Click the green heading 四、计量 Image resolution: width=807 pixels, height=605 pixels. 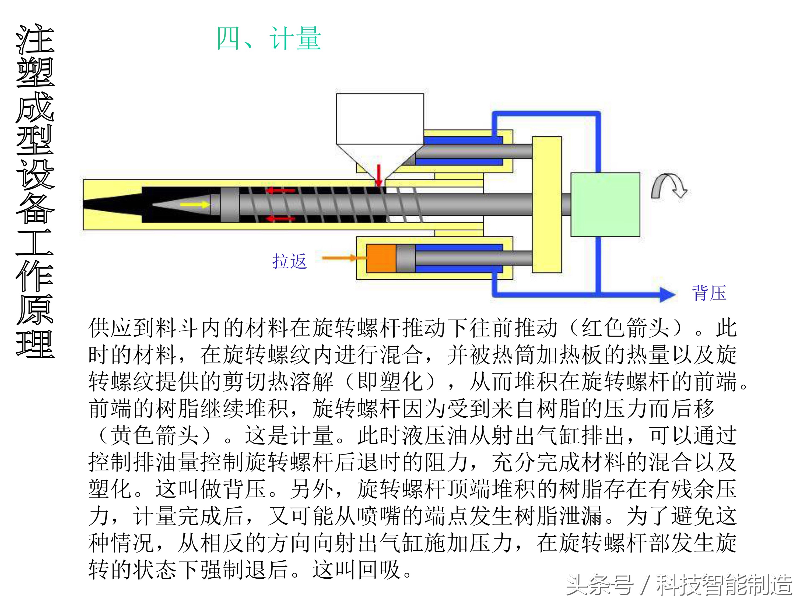(269, 39)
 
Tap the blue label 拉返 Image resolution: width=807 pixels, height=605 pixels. (289, 261)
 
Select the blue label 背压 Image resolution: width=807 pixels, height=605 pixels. (709, 293)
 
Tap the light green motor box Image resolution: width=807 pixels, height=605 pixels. (605, 205)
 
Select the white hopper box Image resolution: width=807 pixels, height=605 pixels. (380, 118)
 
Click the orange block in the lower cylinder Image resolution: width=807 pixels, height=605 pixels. (381, 258)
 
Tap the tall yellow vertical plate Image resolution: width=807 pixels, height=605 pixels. (546, 204)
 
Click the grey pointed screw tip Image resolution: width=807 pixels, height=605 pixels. (183, 205)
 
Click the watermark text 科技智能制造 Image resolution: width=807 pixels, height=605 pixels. (724, 585)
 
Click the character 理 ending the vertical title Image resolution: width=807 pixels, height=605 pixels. (35, 344)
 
